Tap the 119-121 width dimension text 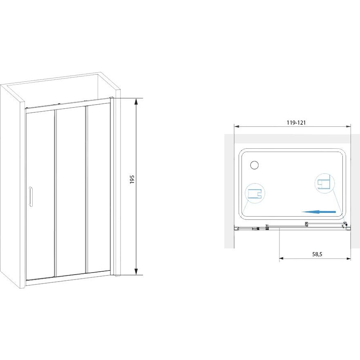296,123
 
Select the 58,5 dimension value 318,254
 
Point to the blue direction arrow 319,212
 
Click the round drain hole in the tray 254,165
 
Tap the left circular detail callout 255,194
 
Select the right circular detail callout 324,183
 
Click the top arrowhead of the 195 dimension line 136,101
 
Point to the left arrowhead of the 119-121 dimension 237,126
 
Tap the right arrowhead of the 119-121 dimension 348,126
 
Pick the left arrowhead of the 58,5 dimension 282,259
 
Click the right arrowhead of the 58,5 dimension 348,259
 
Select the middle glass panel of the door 71,191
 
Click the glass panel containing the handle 40,196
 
